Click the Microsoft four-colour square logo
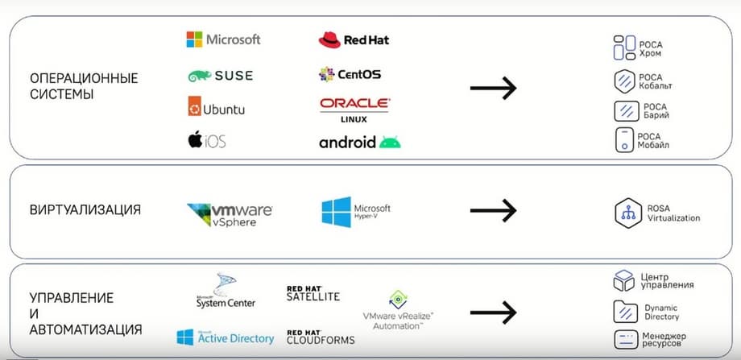tap(195, 39)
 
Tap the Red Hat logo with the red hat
tap(328, 39)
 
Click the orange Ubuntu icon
tap(195, 108)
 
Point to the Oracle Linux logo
tap(354, 109)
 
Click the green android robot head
tap(390, 143)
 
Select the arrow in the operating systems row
tap(493, 88)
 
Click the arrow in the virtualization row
tap(493, 210)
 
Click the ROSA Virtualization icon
tap(626, 213)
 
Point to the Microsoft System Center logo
tap(226, 292)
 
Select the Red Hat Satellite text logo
tap(313, 293)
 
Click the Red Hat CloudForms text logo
tap(320, 336)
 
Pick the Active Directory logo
tap(225, 337)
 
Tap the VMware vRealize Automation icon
tap(396, 300)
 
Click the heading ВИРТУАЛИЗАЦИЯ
tap(85, 210)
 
